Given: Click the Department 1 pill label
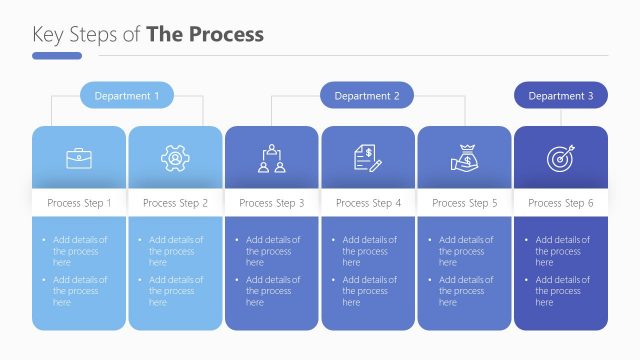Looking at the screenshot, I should click(127, 96).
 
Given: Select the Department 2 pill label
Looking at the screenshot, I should click(367, 96).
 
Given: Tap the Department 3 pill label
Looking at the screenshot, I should click(561, 96).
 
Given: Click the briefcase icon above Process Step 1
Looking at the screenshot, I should click(79, 157).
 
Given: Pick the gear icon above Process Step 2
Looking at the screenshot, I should click(175, 157).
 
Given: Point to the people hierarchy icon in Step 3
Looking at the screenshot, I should click(271, 157).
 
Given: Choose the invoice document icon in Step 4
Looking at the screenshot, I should click(367, 157).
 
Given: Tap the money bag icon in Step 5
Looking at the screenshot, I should click(464, 157).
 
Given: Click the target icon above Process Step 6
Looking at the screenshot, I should click(560, 157).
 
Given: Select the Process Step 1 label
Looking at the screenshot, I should click(79, 203).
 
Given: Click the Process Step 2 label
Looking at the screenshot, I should click(175, 203).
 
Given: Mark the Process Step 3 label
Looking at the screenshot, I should click(272, 203).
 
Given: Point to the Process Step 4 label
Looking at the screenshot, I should click(368, 203).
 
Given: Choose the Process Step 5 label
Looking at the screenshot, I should click(464, 203).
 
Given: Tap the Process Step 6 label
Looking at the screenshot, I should click(561, 203).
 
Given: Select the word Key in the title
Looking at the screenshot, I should click(47, 35).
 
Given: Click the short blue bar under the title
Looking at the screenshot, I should click(57, 56).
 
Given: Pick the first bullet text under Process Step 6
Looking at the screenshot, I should click(562, 251).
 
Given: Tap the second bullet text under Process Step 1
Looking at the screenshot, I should click(81, 291).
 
